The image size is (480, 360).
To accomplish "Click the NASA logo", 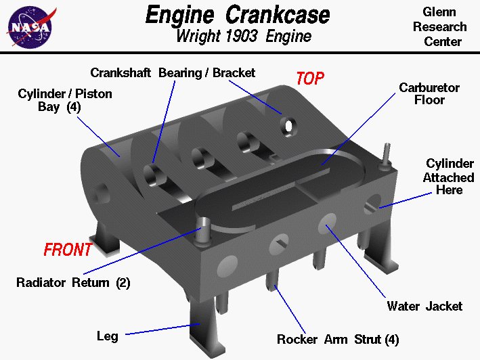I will click(x=28, y=26).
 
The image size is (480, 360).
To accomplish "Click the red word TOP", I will click(x=311, y=78).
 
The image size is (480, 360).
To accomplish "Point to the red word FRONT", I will click(x=68, y=250).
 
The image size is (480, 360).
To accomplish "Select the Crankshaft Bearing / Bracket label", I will click(x=173, y=72).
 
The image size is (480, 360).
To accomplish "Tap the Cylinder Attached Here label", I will click(x=449, y=177).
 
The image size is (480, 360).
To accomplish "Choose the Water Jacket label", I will click(x=424, y=307).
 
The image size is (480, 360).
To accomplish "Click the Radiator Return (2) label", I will click(x=73, y=282).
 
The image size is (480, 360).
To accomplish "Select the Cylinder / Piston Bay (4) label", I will click(x=65, y=100).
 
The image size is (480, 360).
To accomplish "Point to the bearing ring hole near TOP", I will click(x=289, y=126).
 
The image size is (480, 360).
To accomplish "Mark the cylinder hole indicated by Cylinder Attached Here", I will click(x=372, y=203).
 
